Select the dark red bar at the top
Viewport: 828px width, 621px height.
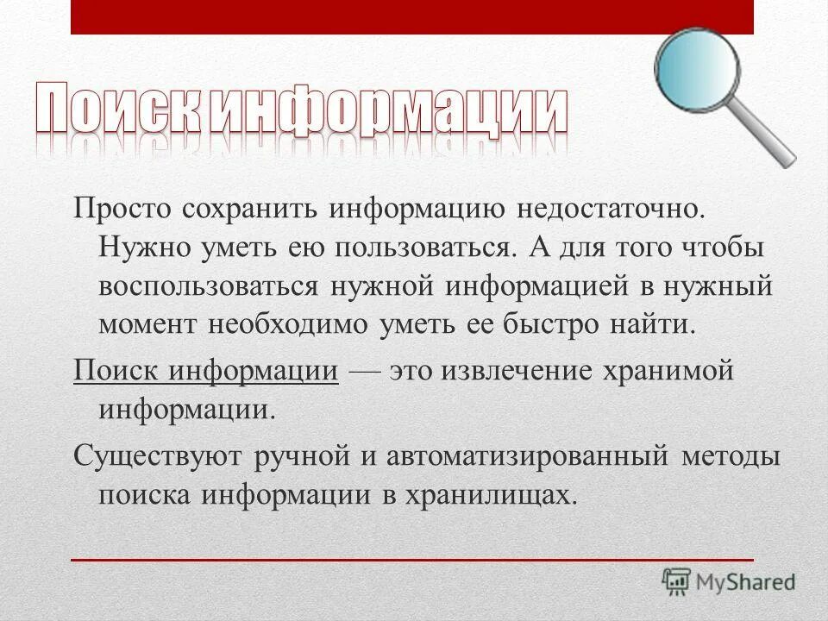coord(412,16)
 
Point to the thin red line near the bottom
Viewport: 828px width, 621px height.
coord(412,560)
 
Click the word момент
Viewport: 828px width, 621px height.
coord(147,325)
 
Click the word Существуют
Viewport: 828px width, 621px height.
coord(159,455)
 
